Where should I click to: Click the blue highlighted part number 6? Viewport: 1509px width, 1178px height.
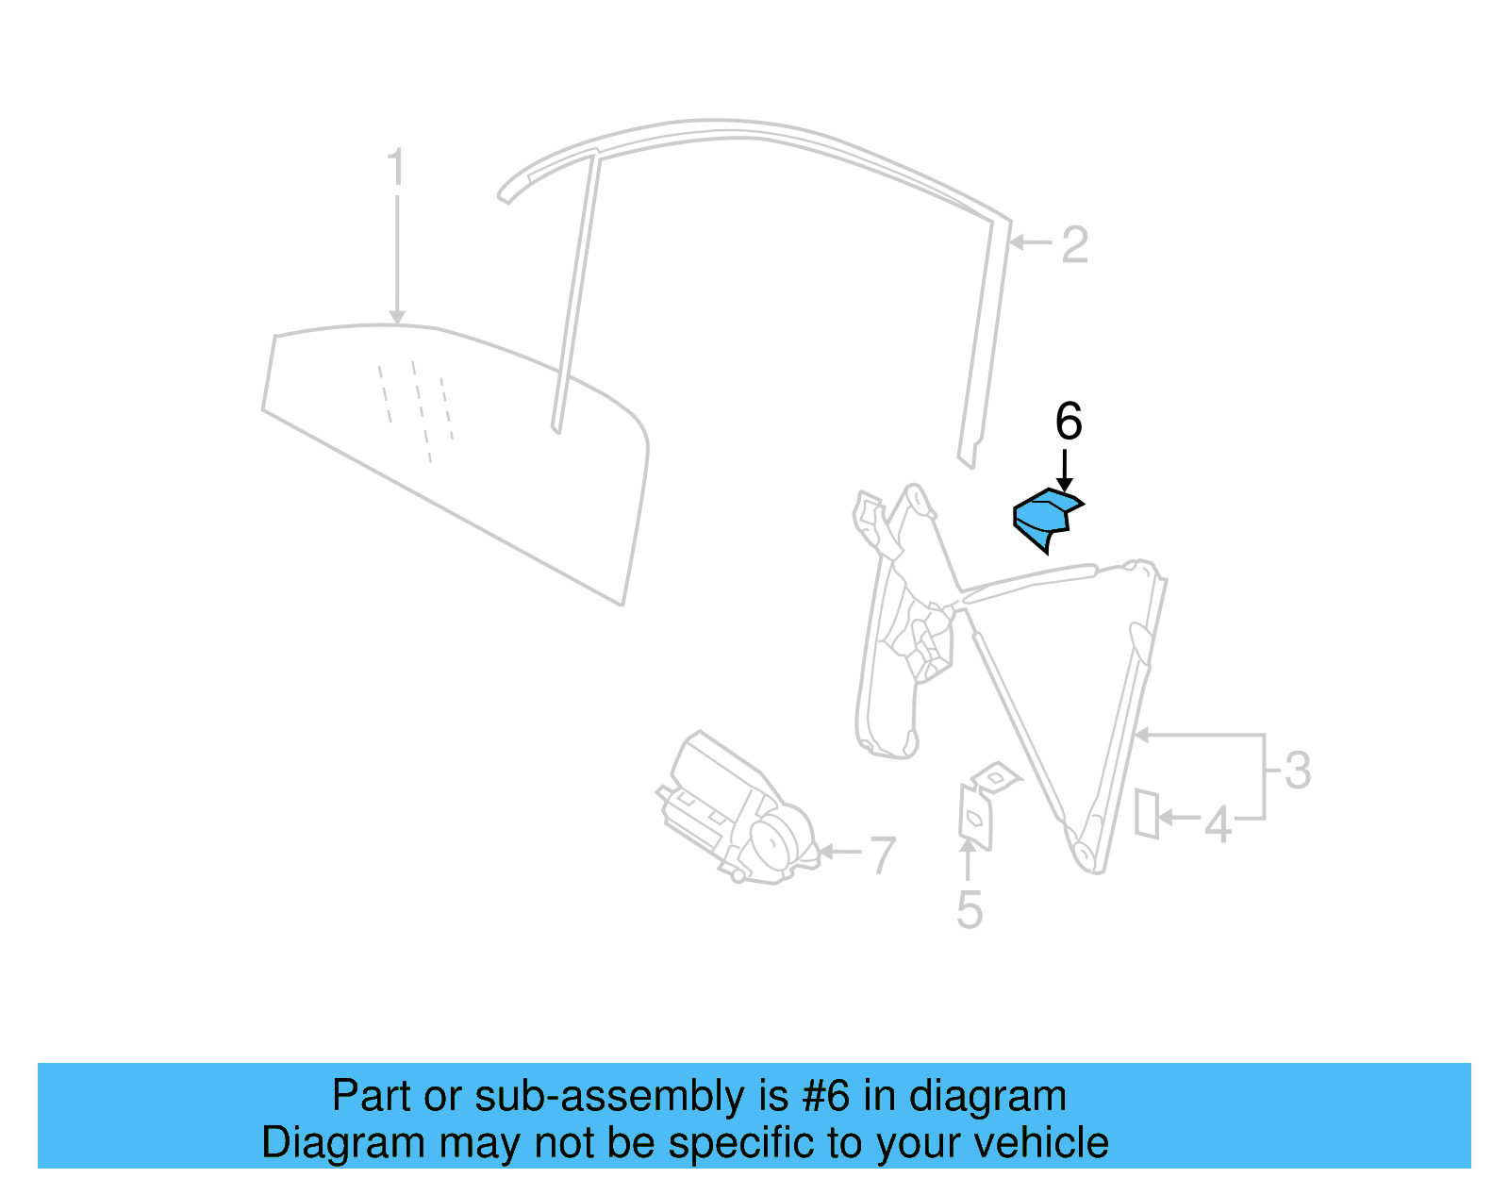[1044, 518]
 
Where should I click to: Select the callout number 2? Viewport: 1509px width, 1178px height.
[1075, 245]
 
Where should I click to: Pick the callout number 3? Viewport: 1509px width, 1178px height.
[1298, 771]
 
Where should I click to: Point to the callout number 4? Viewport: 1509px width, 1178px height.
[1218, 824]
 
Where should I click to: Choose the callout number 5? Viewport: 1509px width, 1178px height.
[969, 909]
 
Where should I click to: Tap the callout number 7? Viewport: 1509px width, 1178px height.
[882, 854]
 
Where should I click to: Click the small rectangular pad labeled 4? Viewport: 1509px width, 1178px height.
[1146, 813]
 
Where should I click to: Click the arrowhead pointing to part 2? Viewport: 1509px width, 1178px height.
[1017, 242]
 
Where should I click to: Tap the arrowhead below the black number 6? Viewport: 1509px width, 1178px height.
[1065, 484]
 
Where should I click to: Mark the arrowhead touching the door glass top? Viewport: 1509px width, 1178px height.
[397, 318]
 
